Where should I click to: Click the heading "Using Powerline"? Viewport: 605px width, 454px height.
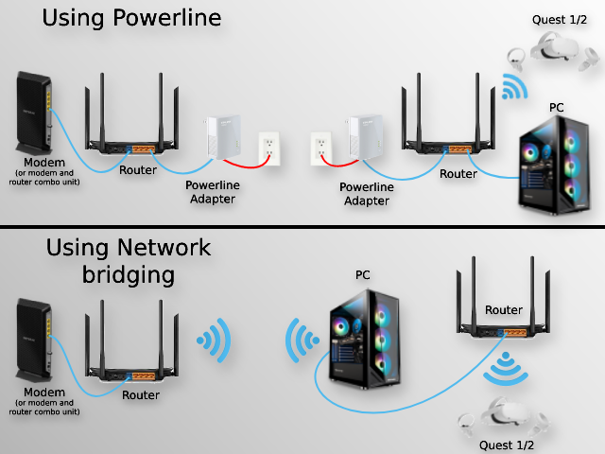(x=131, y=18)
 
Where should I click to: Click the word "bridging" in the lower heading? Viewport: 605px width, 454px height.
(x=129, y=275)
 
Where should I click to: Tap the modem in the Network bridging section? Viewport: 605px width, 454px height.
(x=34, y=340)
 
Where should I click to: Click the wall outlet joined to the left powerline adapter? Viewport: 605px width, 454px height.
(x=268, y=148)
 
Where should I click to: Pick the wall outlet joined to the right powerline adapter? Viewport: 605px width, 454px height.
(x=321, y=148)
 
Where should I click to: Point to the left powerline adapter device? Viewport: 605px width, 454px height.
(x=223, y=136)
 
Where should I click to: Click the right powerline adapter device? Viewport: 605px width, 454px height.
(x=365, y=136)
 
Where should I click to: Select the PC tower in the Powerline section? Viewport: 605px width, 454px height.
(x=555, y=166)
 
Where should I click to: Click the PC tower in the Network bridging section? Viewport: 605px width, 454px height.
(x=365, y=339)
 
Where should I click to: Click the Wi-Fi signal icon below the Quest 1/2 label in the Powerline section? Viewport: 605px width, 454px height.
(x=514, y=87)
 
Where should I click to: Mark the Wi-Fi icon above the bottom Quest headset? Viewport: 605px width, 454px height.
(x=506, y=368)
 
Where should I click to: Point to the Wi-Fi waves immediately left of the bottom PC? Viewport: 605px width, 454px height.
(x=302, y=340)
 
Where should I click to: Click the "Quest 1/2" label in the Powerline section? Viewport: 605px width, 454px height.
(x=560, y=20)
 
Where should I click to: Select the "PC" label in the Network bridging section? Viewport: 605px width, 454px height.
(x=363, y=275)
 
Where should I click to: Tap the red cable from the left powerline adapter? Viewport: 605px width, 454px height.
(x=247, y=163)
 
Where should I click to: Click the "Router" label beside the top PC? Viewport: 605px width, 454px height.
(x=458, y=174)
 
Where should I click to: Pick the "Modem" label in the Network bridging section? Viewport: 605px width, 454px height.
(x=44, y=393)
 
